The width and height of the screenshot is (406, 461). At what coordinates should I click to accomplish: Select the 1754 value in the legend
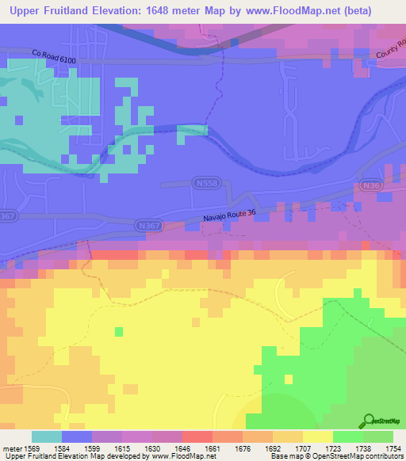[393, 448]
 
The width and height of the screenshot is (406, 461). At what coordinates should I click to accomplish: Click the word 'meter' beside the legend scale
[10, 448]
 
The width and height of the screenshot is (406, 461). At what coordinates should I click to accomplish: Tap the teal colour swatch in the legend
[46, 436]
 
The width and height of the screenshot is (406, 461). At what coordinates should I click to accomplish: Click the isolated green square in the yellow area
[120, 331]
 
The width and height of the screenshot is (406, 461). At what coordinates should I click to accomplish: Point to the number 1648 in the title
[143, 11]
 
